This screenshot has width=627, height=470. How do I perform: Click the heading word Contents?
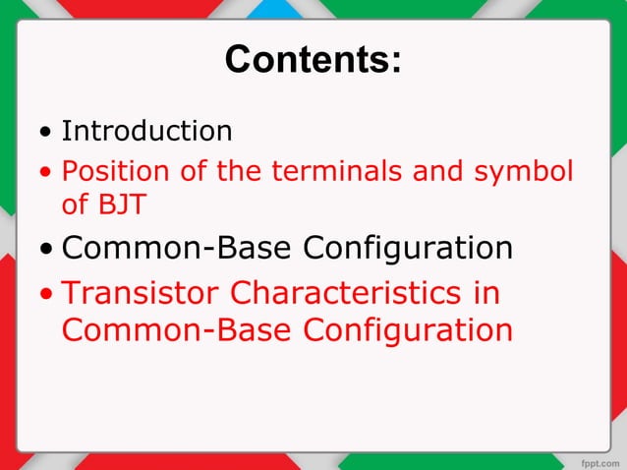tap(313, 61)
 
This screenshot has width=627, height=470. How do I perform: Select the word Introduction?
tap(147, 131)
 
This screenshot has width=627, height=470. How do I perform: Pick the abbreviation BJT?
tap(122, 206)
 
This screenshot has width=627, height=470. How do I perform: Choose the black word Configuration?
tap(408, 250)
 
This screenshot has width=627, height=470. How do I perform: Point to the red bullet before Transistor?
tap(46, 295)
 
